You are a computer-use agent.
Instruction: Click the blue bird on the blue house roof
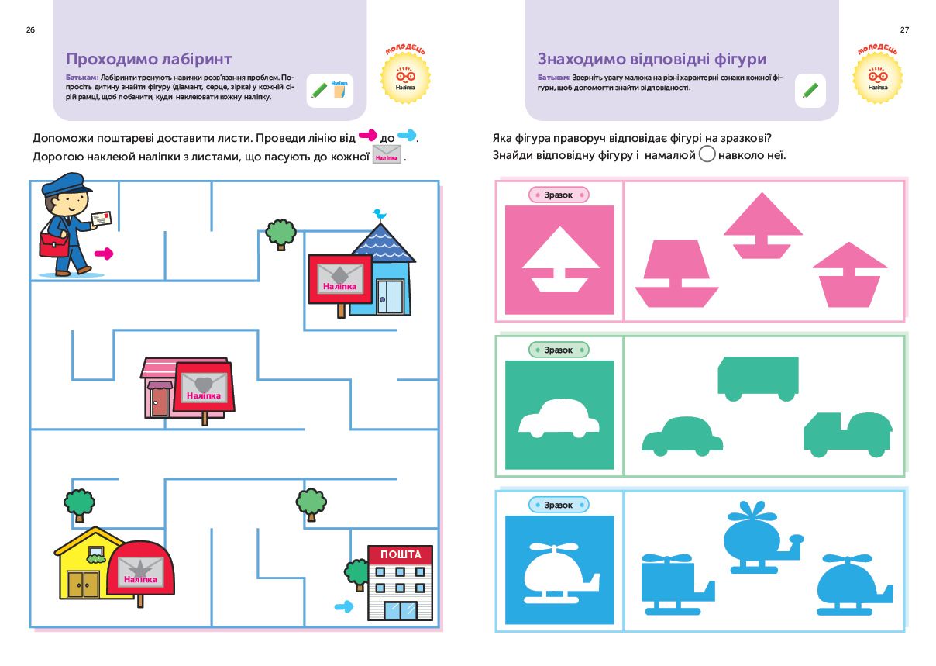pyautogui.click(x=378, y=213)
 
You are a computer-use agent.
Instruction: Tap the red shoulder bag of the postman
pyautogui.click(x=53, y=247)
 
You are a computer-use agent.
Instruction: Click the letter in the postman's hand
pyautogui.click(x=101, y=219)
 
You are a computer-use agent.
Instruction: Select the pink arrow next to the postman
pyautogui.click(x=104, y=254)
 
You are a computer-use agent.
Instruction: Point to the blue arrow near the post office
pyautogui.click(x=343, y=606)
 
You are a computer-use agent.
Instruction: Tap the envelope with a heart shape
pyautogui.click(x=203, y=385)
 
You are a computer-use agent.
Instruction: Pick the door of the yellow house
pyautogui.click(x=83, y=584)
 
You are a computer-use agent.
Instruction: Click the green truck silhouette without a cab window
pyautogui.click(x=758, y=377)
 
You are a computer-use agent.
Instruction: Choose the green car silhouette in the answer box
pyautogui.click(x=682, y=437)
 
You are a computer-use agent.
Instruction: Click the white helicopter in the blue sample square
pyautogui.click(x=560, y=572)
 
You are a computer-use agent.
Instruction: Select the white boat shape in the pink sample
pyautogui.click(x=560, y=261)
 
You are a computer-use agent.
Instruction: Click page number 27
pyautogui.click(x=904, y=29)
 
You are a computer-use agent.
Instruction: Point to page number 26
pyautogui.click(x=30, y=29)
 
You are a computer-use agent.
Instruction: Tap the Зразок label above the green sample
pyautogui.click(x=559, y=350)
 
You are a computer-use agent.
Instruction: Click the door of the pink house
pyautogui.click(x=159, y=402)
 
